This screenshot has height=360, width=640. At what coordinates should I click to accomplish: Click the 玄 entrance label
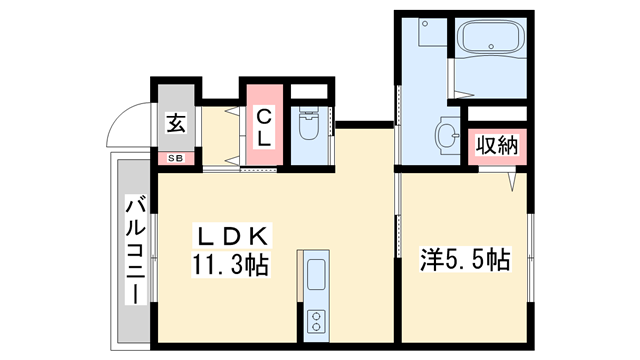176,125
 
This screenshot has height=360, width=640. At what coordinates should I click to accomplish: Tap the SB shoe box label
176,158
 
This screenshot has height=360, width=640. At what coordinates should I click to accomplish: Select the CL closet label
262,126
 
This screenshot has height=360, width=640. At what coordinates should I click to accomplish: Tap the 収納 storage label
495,145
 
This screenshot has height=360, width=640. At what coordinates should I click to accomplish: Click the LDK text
231,237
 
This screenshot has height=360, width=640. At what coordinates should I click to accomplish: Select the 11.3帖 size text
231,265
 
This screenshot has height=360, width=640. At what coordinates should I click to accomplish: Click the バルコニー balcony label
132,250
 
